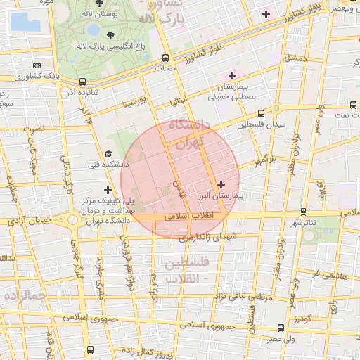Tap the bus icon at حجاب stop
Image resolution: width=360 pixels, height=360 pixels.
165,58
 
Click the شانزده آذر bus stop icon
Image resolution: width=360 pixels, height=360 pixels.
83,82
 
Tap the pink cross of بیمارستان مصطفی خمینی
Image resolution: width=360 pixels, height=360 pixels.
232,75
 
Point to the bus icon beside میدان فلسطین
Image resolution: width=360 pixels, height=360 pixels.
261,112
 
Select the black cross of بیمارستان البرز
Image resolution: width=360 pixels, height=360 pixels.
221,184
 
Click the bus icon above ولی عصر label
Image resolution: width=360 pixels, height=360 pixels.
281,328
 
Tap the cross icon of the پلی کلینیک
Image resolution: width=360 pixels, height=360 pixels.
108,190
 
